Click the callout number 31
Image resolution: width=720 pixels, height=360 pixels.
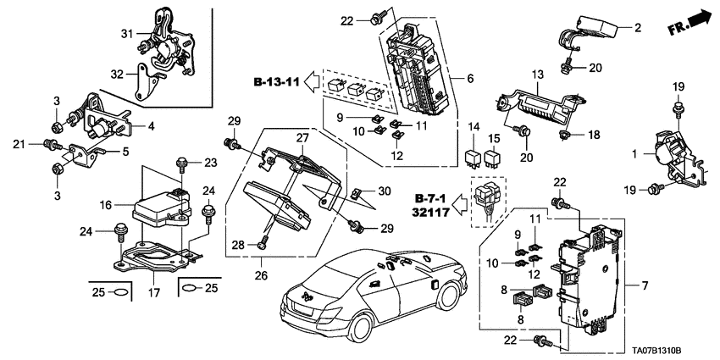coord(127,33)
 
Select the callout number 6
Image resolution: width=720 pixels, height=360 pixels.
coord(469,79)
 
